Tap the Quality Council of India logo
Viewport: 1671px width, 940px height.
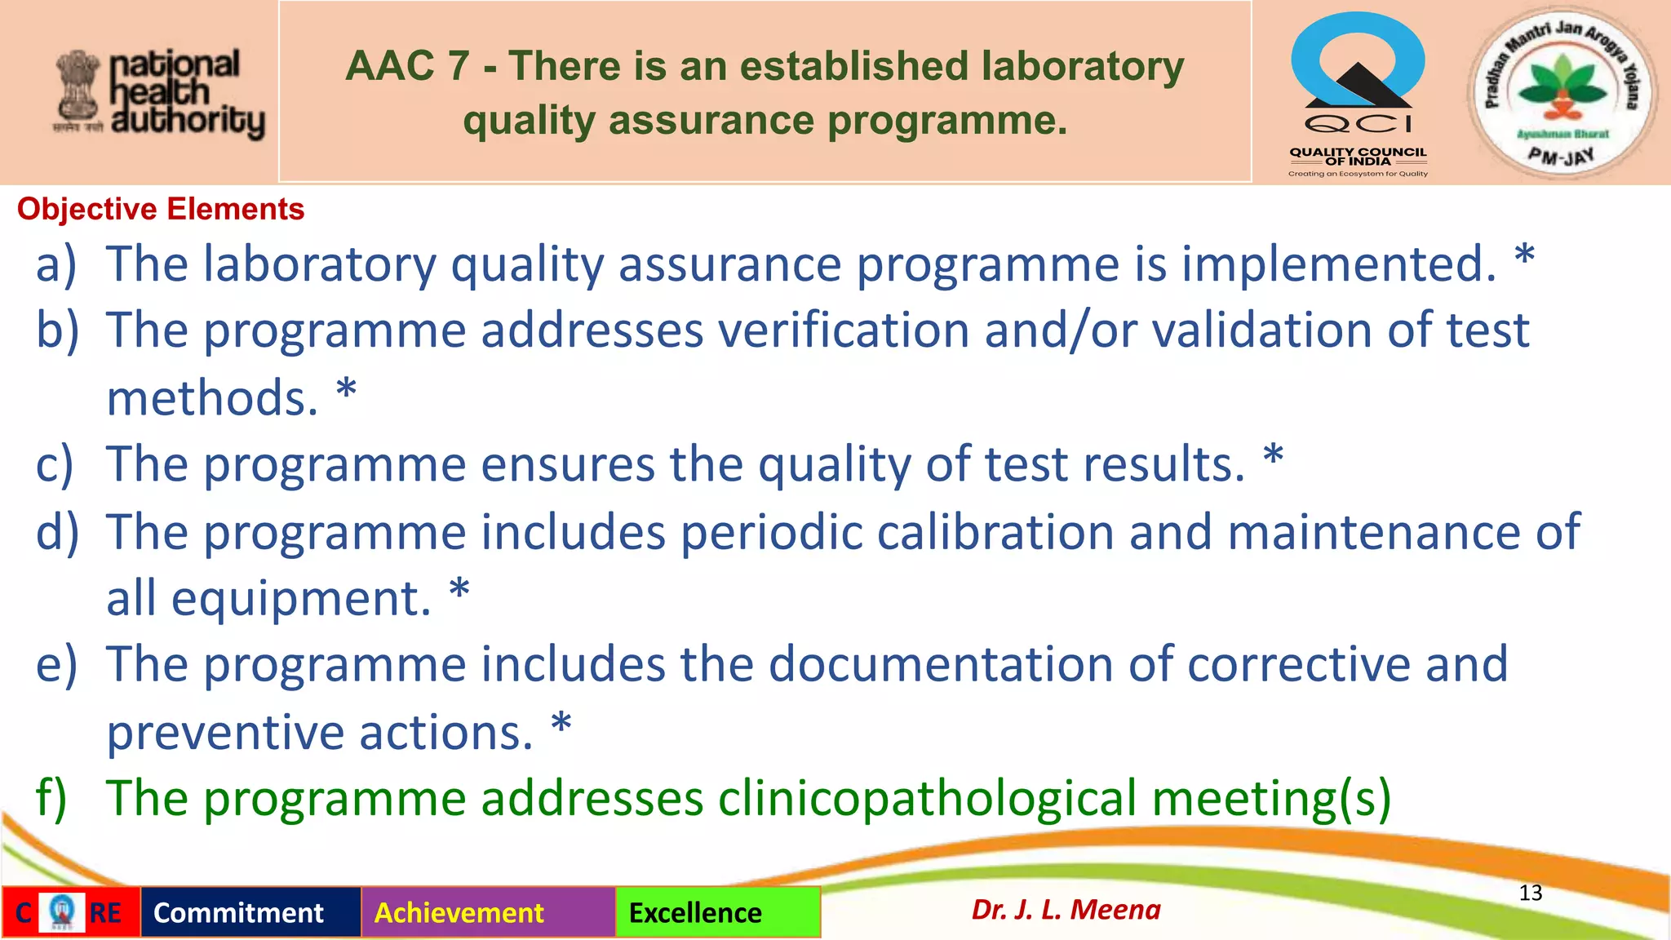point(1358,94)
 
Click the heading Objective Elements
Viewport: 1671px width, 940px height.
point(161,210)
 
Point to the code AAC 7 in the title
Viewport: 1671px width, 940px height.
point(407,66)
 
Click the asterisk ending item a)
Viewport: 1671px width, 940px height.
point(1524,259)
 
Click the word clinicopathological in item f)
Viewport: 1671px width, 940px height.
point(927,798)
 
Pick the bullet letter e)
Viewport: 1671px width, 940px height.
point(56,664)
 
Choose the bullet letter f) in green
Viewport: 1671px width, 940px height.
point(51,798)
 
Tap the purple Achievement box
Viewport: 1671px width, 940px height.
point(488,912)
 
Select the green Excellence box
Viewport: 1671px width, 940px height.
point(717,912)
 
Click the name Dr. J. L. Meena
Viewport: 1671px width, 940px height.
point(1066,909)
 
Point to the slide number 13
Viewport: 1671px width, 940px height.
point(1530,893)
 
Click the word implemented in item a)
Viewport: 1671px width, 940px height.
point(1338,264)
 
